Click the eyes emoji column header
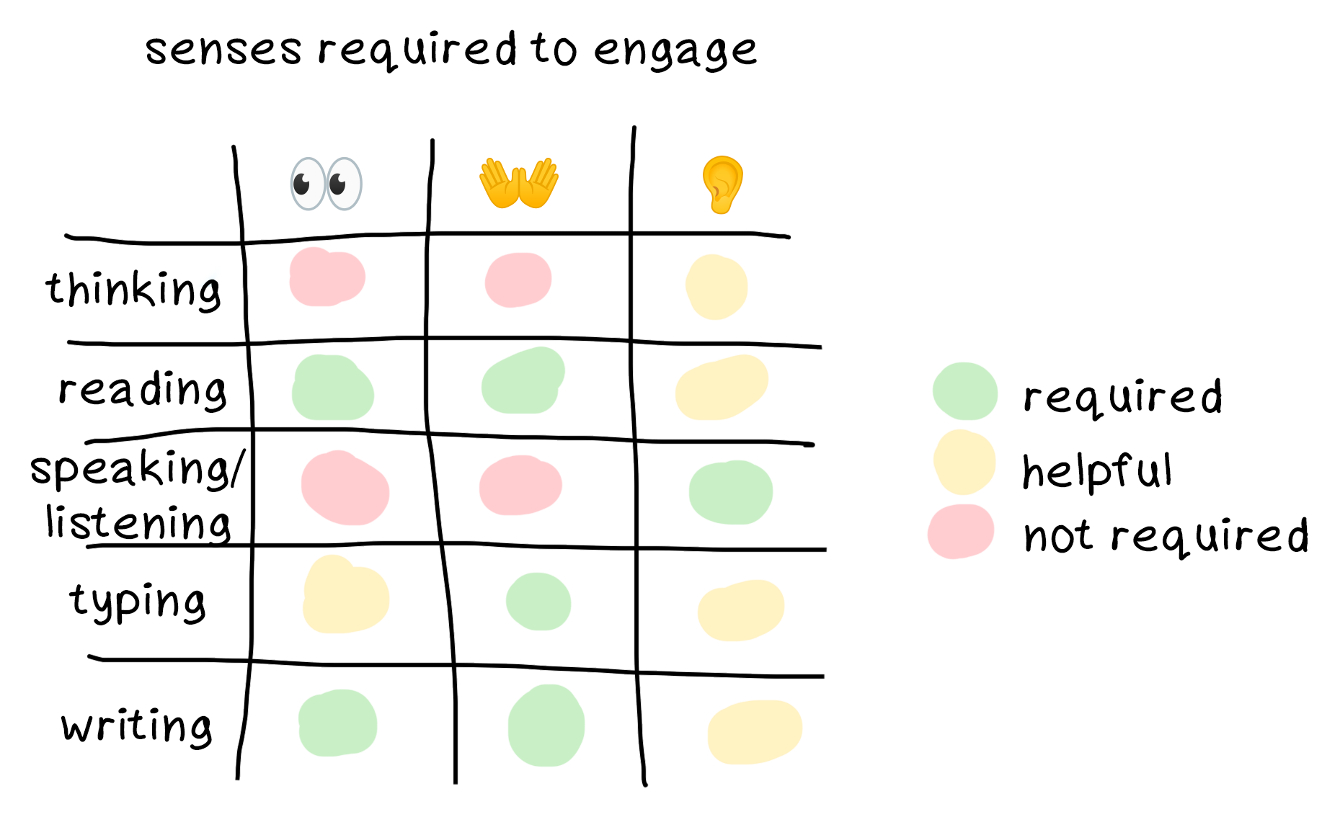[326, 184]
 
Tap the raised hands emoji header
[519, 183]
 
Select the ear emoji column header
[722, 184]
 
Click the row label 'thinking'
[133, 290]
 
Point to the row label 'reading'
[143, 390]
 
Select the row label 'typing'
[138, 602]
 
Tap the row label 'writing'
[137, 726]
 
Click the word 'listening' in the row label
[138, 523]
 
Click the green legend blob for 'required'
[964, 391]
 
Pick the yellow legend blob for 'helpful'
[964, 462]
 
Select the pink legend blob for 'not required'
[961, 532]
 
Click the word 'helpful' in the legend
[1097, 472]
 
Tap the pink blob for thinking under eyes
[327, 277]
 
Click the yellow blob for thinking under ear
[716, 287]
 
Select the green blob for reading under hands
[523, 381]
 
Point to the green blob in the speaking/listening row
[731, 492]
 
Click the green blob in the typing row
[538, 602]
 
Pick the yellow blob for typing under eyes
[345, 597]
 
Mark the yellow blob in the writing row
[755, 731]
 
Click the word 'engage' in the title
[675, 50]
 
